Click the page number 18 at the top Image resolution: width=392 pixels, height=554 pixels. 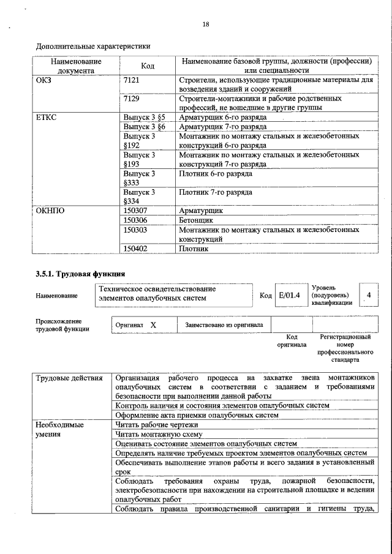point(206,24)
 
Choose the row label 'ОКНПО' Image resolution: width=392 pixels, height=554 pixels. point(50,210)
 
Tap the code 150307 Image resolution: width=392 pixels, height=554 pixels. point(135,210)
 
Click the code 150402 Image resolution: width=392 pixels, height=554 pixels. point(135,249)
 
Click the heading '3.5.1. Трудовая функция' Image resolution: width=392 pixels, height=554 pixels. point(80,274)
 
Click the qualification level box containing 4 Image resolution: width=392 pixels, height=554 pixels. point(368,296)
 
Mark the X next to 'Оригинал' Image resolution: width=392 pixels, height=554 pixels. point(154,325)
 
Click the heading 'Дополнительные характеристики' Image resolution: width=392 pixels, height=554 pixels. point(93,46)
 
